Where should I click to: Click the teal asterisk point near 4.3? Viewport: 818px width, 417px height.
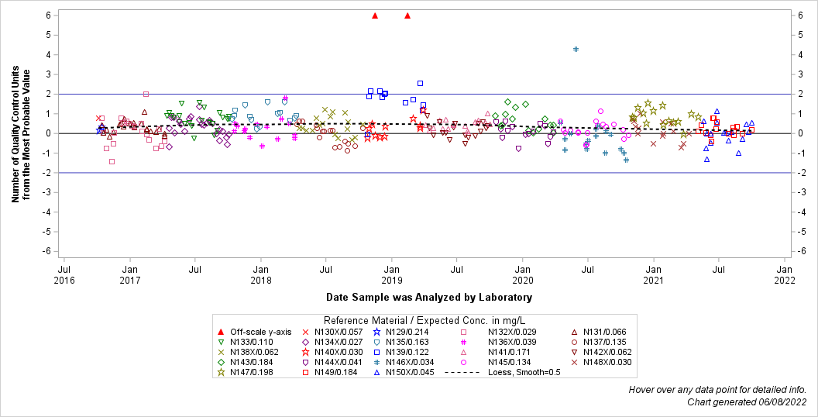(x=576, y=49)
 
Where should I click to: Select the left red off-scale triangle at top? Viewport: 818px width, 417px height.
(x=375, y=16)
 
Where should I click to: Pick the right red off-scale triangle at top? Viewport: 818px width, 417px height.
(x=407, y=16)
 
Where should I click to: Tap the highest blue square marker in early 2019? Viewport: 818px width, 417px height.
(x=420, y=83)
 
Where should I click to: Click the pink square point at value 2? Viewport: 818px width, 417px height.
(x=146, y=94)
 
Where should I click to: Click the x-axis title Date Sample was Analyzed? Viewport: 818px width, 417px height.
(x=428, y=297)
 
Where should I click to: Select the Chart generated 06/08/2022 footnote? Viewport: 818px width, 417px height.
(x=747, y=402)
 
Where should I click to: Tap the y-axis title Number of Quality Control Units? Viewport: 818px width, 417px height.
(x=21, y=133)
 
